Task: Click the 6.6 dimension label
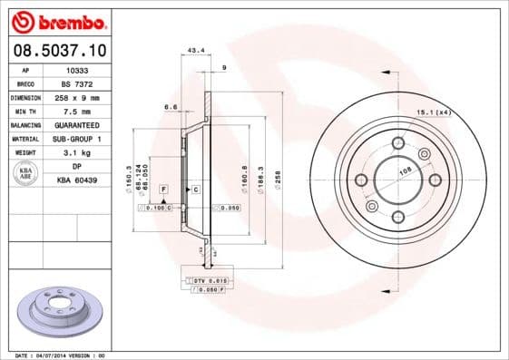click(170, 107)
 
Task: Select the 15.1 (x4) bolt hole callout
click(433, 112)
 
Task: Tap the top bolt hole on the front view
click(396, 141)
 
